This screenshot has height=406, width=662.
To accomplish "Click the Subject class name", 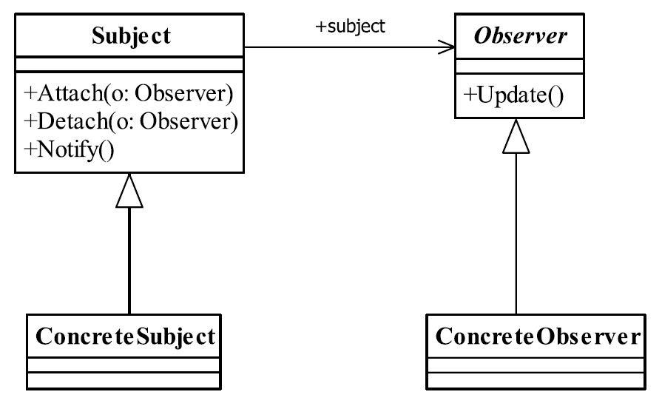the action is point(131,36).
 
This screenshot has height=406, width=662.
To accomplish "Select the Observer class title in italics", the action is point(520,36).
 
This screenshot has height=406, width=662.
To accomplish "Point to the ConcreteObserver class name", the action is point(538,336).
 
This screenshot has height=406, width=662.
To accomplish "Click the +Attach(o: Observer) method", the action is point(129,93).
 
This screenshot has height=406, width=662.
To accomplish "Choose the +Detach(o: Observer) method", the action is point(131,121).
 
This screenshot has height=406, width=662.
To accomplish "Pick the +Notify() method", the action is point(70,150).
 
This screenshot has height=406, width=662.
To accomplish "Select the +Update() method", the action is point(513,95).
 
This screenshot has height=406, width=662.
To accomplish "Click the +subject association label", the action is point(350,27).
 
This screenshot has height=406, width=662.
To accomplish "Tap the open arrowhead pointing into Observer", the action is point(447,47).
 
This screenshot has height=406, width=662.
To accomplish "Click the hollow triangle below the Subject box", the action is point(129,190).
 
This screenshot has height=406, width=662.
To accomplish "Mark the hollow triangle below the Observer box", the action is point(516,136).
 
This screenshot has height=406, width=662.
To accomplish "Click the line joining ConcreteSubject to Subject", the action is point(129,261).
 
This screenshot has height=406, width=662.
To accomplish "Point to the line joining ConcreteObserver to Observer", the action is point(516,234).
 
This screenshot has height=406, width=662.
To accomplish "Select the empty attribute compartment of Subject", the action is point(129,64).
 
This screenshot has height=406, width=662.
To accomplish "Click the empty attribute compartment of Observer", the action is point(519,67).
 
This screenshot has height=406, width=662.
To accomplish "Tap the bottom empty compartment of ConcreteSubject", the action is point(124,380).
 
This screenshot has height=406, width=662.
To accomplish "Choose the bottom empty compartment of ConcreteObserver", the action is point(536,380).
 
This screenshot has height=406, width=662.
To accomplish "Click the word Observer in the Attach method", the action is point(183,93).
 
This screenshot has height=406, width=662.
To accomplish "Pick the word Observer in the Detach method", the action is point(189,121).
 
